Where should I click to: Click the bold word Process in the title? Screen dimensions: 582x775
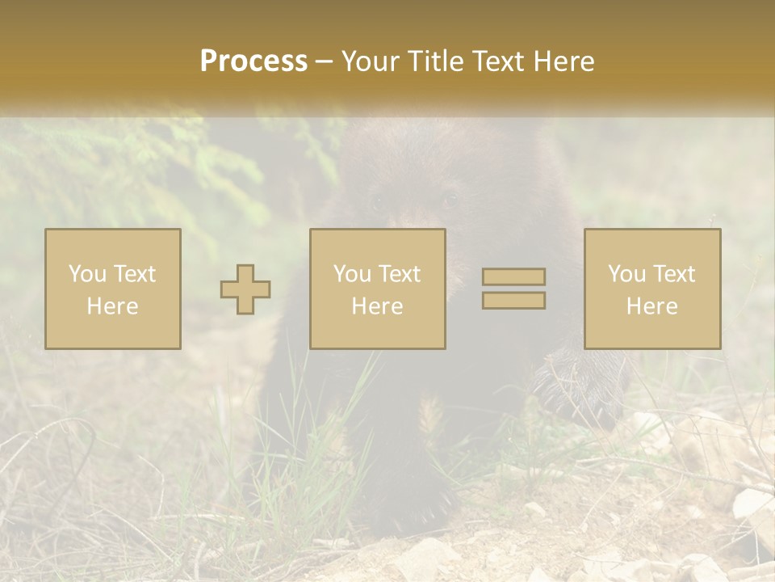(x=253, y=61)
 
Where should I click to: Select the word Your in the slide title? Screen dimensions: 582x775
(x=369, y=61)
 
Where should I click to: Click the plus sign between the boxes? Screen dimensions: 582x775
(x=245, y=289)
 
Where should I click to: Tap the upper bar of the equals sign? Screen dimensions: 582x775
(x=513, y=276)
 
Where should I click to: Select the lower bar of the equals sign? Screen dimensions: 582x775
(x=513, y=300)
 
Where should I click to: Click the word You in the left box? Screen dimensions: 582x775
(x=87, y=274)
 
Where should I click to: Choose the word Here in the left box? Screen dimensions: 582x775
(x=112, y=306)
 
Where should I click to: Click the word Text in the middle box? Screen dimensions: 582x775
(x=400, y=274)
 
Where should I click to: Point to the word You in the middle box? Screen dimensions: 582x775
(x=352, y=274)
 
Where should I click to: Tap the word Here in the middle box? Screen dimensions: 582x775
(x=377, y=306)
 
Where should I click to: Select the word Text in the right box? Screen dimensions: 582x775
(x=674, y=274)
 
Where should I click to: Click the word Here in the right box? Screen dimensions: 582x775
(x=651, y=306)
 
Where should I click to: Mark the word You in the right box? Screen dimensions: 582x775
(x=626, y=274)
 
